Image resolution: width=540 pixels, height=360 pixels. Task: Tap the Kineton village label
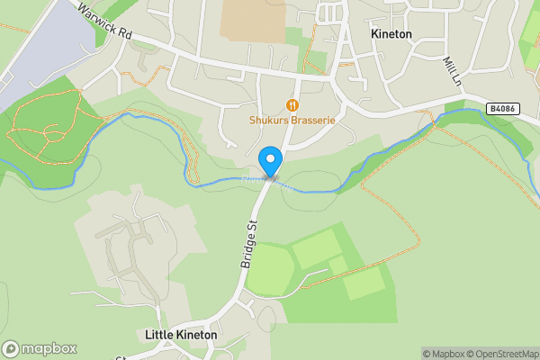click(x=391, y=34)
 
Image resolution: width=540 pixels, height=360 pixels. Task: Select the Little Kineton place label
click(x=181, y=335)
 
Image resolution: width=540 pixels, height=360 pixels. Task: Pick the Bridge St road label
click(x=249, y=243)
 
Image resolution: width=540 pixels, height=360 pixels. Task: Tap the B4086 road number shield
click(x=502, y=108)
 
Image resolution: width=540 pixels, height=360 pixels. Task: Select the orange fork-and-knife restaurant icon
click(x=291, y=103)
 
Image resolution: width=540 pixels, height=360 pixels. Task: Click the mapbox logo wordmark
click(x=49, y=349)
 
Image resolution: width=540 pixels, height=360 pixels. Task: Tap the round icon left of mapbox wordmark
click(x=11, y=349)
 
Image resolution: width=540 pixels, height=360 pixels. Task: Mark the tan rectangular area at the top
click(x=253, y=18)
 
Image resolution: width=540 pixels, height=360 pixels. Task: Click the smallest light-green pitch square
click(x=337, y=265)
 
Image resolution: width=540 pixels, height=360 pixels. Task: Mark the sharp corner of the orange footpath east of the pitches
click(x=418, y=244)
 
